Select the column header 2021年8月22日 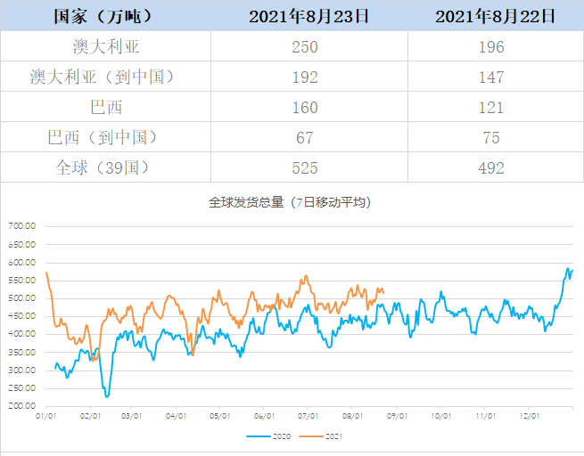497,16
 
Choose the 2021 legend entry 324,436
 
